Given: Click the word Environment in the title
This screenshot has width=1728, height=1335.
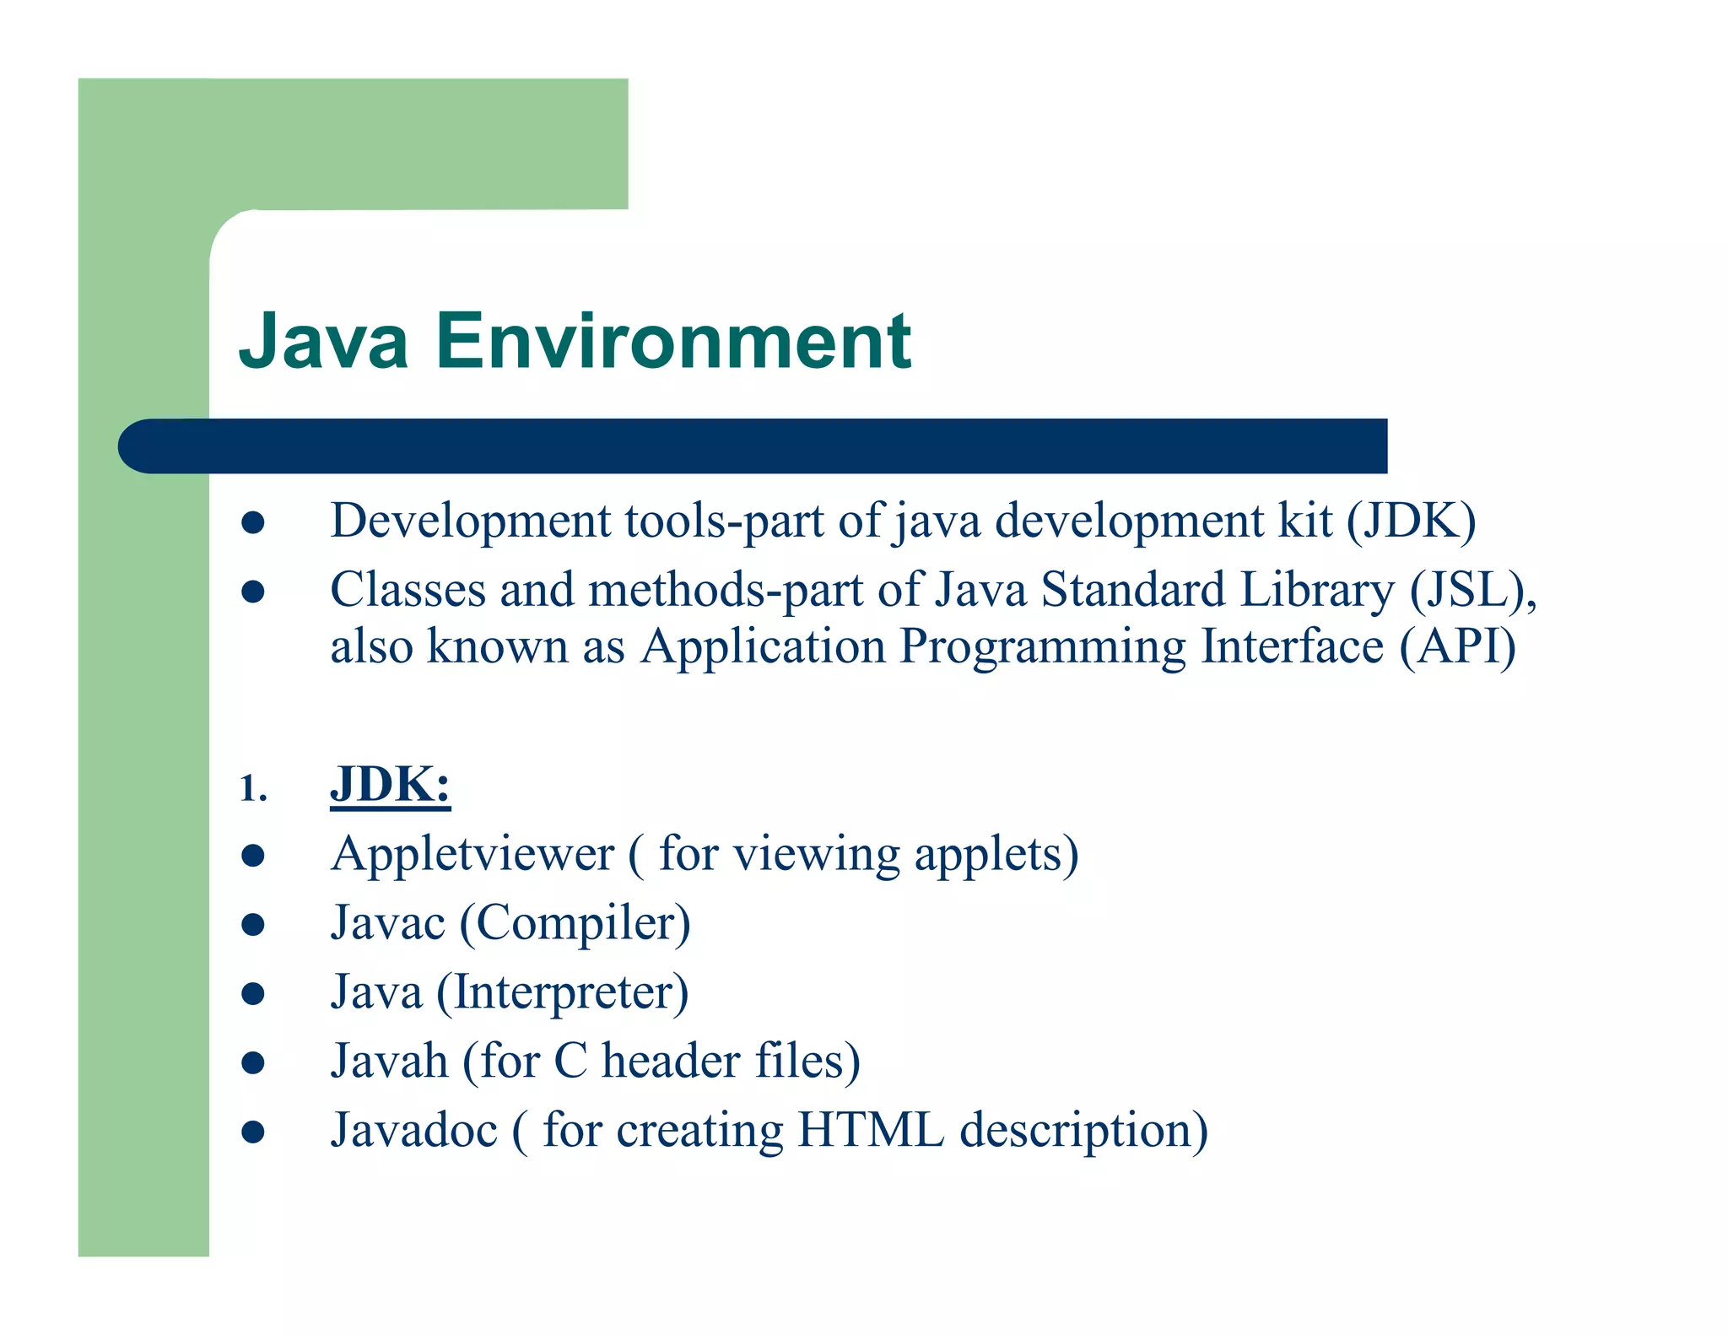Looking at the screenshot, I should [672, 341].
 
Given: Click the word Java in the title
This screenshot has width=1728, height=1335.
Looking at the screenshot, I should [324, 341].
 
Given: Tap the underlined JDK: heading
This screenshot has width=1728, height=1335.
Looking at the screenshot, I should [390, 785].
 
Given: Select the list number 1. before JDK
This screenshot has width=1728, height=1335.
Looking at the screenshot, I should [253, 789].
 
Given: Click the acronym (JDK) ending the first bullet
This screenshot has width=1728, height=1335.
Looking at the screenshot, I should [1411, 521].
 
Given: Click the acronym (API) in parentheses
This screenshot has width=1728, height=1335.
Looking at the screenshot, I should [1457, 647].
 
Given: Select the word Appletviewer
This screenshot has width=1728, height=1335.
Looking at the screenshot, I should [472, 854].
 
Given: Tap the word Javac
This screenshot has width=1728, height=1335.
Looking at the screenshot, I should [387, 922].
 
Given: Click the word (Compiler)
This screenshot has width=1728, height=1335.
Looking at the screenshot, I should [575, 924].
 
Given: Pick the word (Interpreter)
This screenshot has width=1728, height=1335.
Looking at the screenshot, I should [562, 992].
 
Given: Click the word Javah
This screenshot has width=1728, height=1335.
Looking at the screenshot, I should [389, 1061].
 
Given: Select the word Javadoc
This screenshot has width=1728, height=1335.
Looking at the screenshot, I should [413, 1130].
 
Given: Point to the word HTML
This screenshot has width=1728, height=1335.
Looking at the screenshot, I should [870, 1130].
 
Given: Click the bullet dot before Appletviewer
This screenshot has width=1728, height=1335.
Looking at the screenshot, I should [253, 856].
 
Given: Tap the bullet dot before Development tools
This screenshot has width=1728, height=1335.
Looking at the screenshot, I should [253, 522].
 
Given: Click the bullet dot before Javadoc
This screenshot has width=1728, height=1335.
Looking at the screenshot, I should [253, 1132].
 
